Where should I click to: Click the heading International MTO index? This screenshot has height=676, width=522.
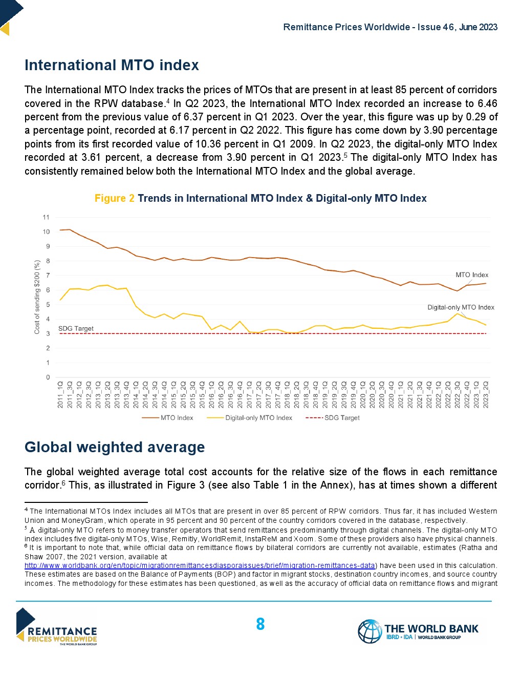point(112,66)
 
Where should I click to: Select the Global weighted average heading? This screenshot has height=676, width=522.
point(115,448)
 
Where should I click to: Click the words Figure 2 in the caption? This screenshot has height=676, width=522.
point(115,199)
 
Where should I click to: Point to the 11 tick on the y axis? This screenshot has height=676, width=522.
point(47,218)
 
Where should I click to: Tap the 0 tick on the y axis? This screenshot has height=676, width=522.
point(48,377)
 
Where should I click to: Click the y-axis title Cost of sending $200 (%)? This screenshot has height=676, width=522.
point(37,297)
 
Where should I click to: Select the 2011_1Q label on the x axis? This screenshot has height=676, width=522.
point(60,394)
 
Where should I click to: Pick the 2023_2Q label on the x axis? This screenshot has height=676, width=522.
point(486,394)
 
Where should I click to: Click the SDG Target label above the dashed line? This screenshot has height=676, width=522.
point(76,329)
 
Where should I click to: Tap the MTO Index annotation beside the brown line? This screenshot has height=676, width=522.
point(472,275)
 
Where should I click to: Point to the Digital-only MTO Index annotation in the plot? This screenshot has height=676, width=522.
point(461,307)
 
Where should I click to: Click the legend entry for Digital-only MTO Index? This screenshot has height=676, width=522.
point(258,418)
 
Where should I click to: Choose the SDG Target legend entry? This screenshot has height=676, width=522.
point(342,418)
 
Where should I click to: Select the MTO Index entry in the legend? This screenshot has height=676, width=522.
point(177,418)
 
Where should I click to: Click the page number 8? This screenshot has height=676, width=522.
point(260,624)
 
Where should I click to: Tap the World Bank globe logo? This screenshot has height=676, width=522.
point(369,631)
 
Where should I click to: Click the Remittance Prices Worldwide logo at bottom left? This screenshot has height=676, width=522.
point(56,627)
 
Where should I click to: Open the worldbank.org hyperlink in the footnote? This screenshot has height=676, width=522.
point(200,566)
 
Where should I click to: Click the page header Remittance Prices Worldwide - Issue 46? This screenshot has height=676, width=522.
point(390,27)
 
